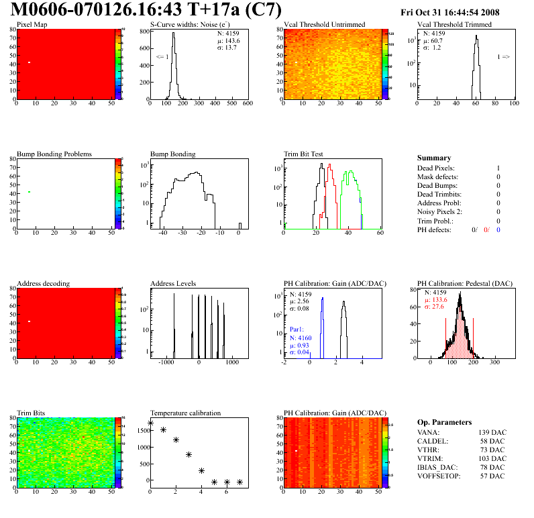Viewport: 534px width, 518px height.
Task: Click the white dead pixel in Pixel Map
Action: click(x=29, y=62)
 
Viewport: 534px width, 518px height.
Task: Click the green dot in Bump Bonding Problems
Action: click(x=29, y=192)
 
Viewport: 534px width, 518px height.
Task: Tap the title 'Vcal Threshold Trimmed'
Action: click(x=454, y=25)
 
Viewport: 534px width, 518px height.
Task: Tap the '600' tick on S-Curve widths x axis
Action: click(x=247, y=103)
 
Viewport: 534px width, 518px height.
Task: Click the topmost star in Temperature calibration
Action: click(x=150, y=423)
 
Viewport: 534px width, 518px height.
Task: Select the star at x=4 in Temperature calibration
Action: click(x=201, y=471)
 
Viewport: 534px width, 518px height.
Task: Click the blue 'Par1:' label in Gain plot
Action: click(x=298, y=330)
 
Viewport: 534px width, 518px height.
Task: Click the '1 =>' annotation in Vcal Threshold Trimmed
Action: click(x=503, y=57)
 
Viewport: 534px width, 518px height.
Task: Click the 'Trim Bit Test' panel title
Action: click(x=304, y=154)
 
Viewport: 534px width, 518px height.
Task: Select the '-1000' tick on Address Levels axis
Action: click(x=166, y=362)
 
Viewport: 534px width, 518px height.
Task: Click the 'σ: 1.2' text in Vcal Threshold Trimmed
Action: click(x=431, y=48)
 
